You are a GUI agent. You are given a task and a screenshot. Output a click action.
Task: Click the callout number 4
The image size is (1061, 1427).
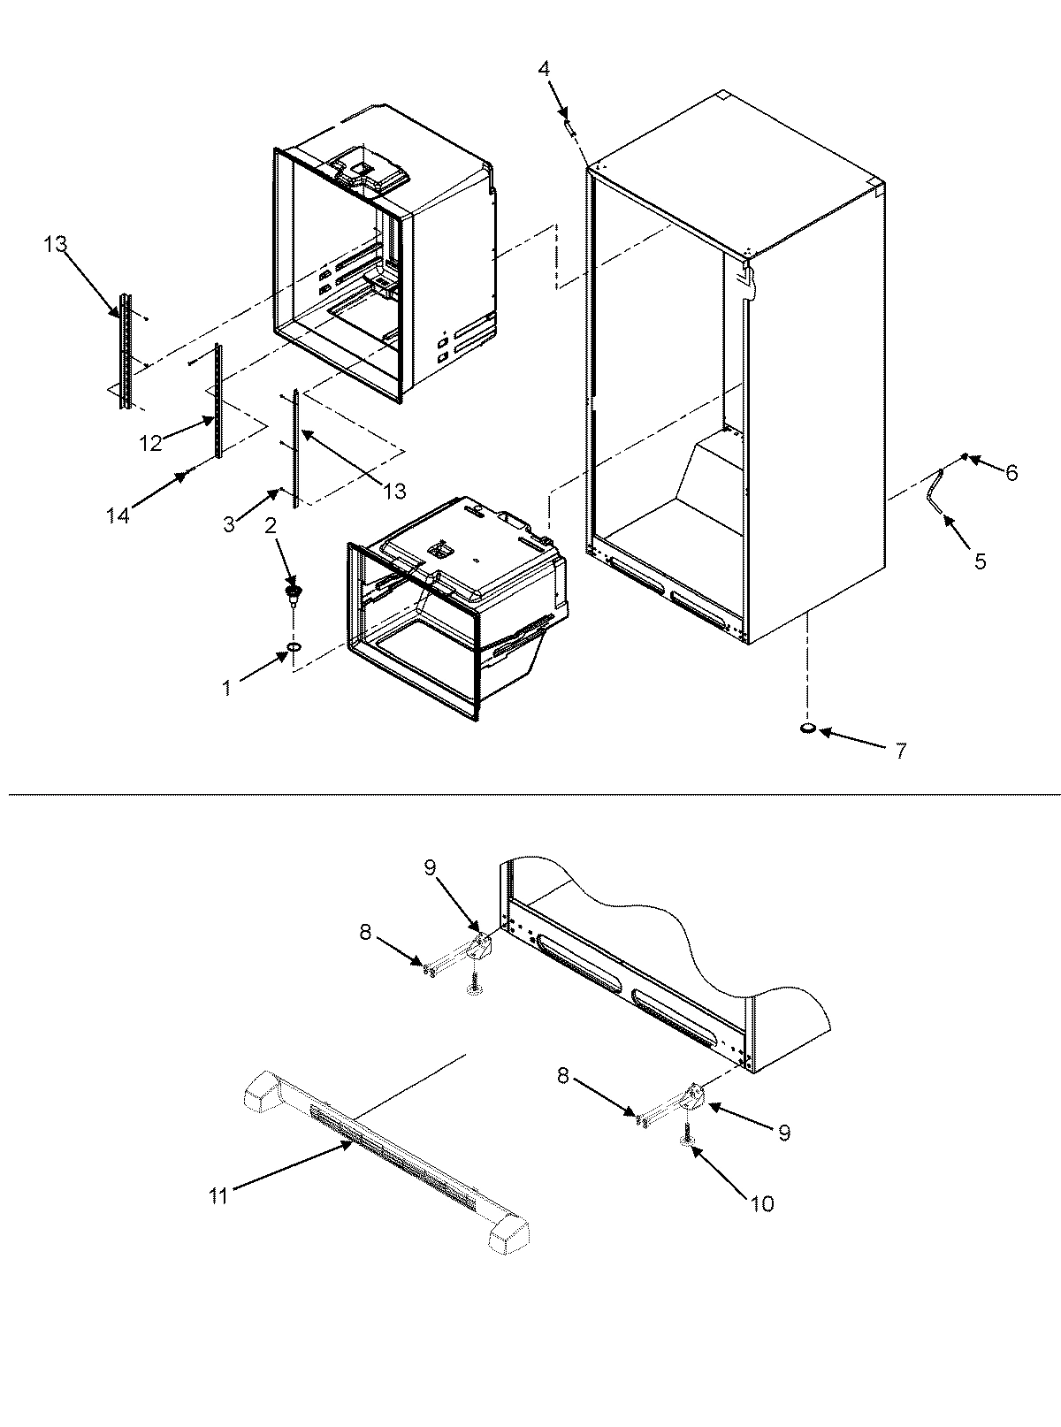[544, 69]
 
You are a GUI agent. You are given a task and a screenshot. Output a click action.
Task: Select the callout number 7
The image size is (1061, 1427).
[900, 752]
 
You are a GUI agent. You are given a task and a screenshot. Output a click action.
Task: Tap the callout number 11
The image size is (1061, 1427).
[218, 1196]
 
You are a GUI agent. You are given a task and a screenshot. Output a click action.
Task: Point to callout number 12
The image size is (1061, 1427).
[150, 443]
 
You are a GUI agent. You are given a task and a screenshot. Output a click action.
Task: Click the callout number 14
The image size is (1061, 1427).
[118, 515]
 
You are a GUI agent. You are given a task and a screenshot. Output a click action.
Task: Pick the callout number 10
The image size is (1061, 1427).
[762, 1203]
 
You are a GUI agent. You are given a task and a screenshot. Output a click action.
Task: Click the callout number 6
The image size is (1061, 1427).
[1011, 474]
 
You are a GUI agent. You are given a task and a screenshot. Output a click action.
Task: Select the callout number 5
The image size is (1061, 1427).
[980, 561]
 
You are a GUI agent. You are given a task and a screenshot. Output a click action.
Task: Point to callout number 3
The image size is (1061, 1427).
[229, 524]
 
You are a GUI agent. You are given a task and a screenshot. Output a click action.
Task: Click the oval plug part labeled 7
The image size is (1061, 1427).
[807, 729]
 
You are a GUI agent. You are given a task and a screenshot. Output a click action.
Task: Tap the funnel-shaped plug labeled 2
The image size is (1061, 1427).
[291, 591]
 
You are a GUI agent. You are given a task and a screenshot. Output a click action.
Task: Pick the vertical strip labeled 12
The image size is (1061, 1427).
[218, 398]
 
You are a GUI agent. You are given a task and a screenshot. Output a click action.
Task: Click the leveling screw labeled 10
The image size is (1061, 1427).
[687, 1140]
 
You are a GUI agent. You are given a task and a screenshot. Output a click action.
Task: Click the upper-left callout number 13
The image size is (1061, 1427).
[56, 245]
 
